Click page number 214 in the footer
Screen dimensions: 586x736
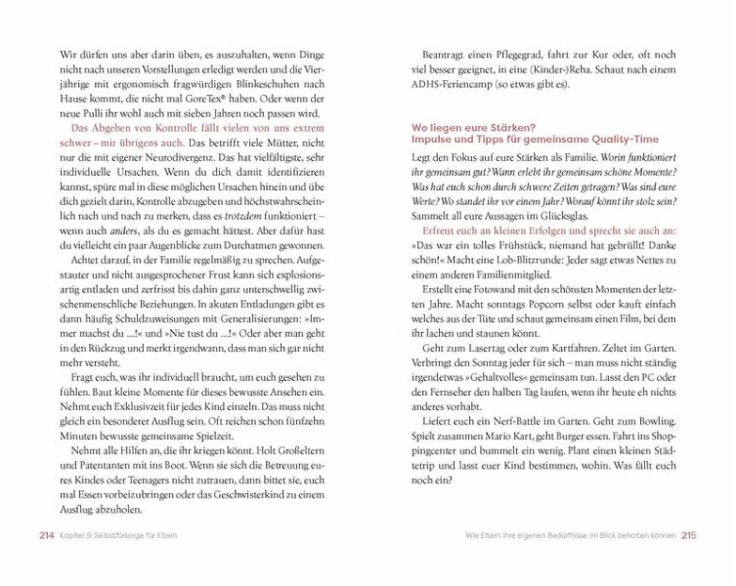46,535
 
